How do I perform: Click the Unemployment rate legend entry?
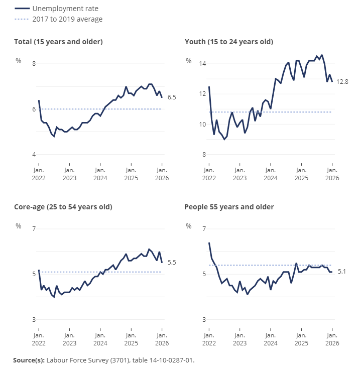tap(59, 9)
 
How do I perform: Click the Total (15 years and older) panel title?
tap(58, 42)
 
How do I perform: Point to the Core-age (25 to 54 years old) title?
tap(63, 207)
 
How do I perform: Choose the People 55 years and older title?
tap(229, 207)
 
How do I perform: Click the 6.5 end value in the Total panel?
tap(172, 97)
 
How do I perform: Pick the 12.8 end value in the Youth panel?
tap(342, 81)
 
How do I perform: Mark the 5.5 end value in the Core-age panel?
tap(172, 263)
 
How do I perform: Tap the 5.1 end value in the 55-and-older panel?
tap(342, 272)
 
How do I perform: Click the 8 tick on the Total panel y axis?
tap(34, 64)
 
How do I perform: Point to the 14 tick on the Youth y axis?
tap(203, 64)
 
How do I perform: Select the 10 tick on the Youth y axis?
tap(203, 125)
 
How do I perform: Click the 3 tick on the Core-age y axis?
tap(34, 320)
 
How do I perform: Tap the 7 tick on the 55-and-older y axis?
tap(204, 229)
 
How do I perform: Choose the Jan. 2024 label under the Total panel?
tap(100, 175)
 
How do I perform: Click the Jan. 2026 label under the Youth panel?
tap(332, 175)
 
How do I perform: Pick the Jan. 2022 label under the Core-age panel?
tap(39, 340)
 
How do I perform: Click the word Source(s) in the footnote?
tap(29, 360)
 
